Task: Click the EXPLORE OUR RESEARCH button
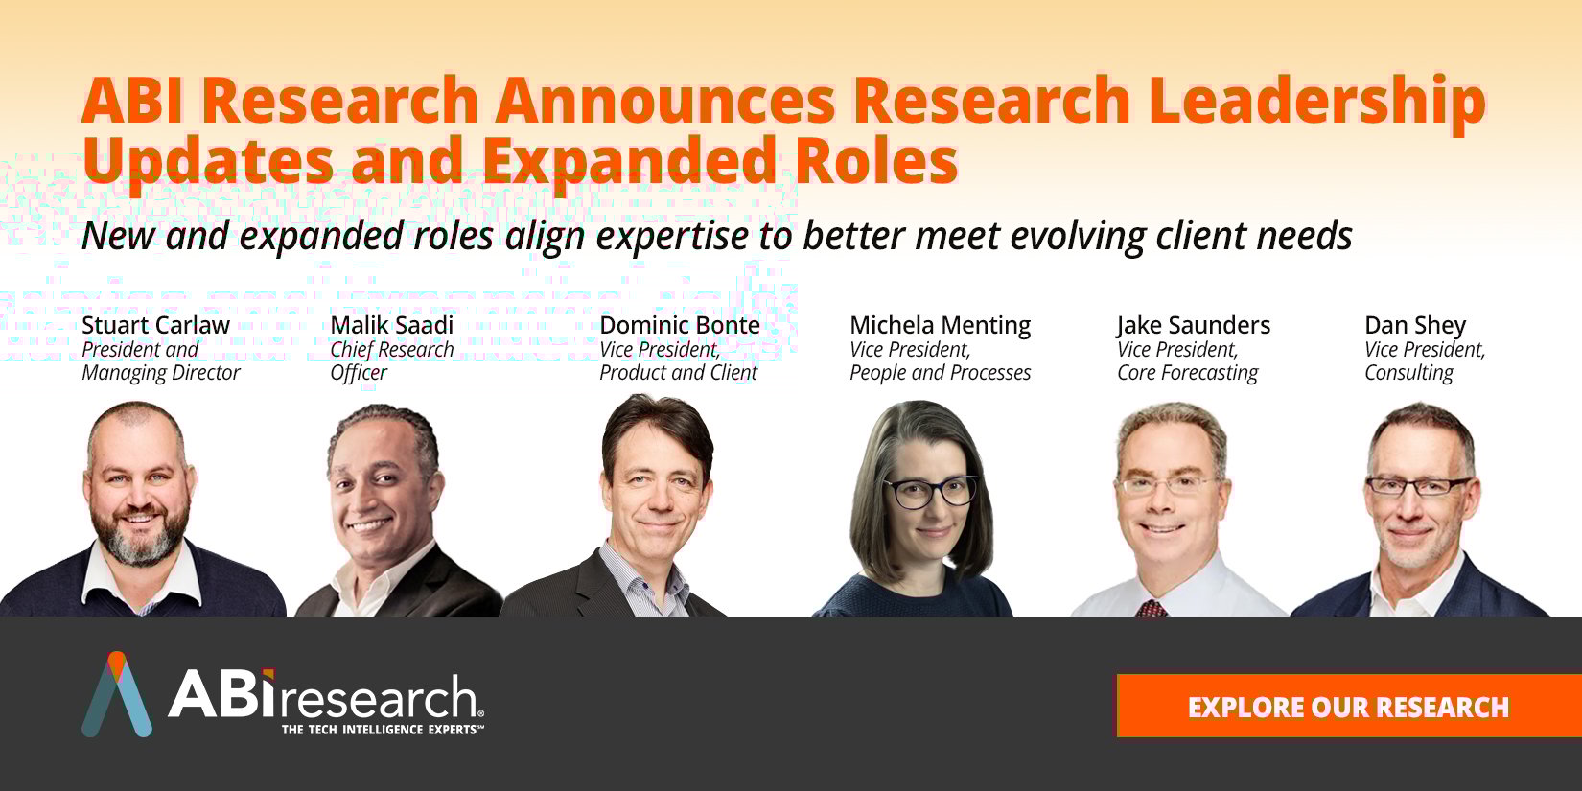(1349, 707)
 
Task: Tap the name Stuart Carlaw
(156, 326)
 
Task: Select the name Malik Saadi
(392, 326)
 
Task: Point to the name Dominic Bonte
(680, 326)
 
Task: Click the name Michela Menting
(940, 326)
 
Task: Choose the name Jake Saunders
(1194, 326)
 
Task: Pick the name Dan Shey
(1415, 326)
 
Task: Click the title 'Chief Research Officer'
(392, 361)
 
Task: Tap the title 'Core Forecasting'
(1187, 373)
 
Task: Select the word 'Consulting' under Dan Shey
(1409, 373)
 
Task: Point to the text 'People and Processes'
(940, 373)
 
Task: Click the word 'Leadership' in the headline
(1317, 102)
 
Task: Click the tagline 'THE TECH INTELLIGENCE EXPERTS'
(383, 729)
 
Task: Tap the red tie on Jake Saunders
(1152, 608)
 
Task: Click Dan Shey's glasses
(1417, 486)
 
